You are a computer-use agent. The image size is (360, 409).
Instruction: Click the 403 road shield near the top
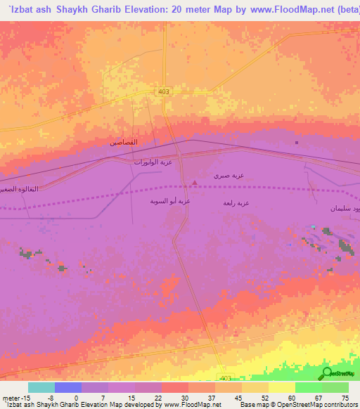coord(164,91)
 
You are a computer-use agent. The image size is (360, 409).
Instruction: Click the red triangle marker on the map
coord(195,183)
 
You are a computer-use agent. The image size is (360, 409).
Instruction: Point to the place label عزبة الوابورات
coord(154,162)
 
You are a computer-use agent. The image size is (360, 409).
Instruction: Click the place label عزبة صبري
coord(229,175)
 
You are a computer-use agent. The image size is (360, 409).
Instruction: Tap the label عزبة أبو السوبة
coord(169,202)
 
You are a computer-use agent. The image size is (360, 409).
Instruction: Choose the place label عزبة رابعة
coord(236,203)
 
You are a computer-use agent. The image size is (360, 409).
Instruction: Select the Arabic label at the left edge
coord(18,190)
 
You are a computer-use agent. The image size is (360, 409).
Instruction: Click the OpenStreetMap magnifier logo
coord(326,374)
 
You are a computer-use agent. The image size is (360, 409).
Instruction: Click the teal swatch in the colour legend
coord(41,387)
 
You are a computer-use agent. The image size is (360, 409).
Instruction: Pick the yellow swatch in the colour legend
coord(281,387)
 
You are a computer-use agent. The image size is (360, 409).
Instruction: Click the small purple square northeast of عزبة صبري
coord(296,143)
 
